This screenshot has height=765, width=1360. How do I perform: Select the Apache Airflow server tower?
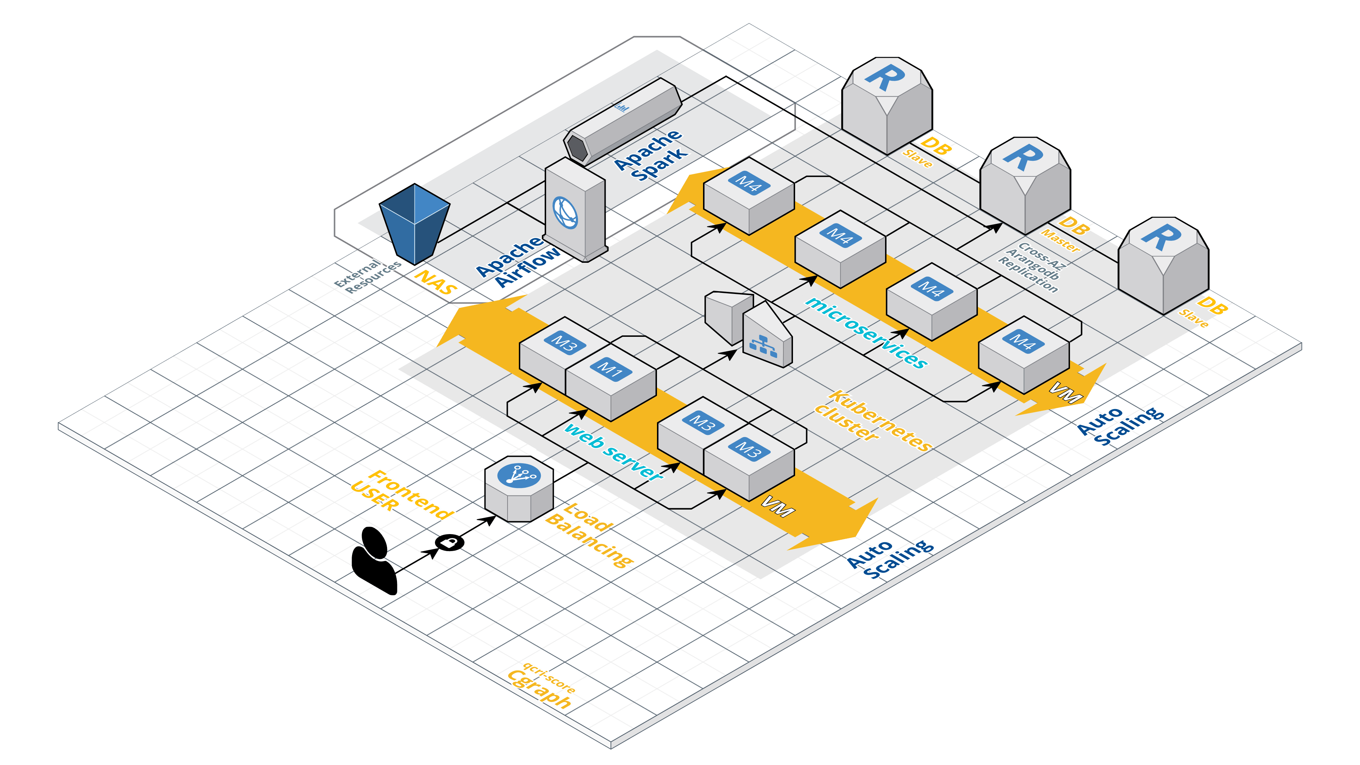click(575, 211)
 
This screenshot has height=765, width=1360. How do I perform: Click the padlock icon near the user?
click(449, 542)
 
